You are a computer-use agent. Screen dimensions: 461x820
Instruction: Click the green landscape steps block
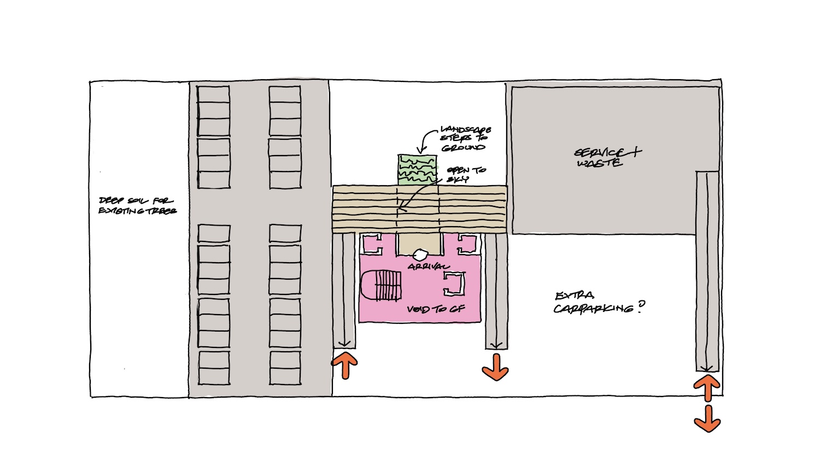click(417, 170)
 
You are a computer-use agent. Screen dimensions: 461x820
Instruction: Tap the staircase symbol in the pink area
click(382, 285)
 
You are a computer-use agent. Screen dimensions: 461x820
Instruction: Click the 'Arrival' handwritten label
click(429, 267)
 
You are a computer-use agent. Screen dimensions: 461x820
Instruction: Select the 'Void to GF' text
click(436, 309)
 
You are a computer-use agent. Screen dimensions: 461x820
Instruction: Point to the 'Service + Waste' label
click(607, 157)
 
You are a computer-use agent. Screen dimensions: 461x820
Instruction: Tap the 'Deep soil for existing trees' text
click(137, 205)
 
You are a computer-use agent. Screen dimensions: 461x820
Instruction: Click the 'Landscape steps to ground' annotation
click(465, 139)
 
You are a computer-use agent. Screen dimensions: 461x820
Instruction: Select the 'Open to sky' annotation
click(465, 174)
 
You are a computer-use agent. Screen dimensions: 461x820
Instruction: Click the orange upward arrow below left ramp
click(345, 365)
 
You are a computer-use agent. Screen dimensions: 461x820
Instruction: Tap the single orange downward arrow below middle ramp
click(495, 367)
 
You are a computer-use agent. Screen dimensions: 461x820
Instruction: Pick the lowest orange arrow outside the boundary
click(707, 419)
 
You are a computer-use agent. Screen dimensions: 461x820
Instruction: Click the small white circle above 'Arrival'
click(420, 255)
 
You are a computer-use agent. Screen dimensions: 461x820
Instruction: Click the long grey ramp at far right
click(707, 270)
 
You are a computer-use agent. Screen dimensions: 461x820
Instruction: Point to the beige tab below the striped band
click(419, 244)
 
